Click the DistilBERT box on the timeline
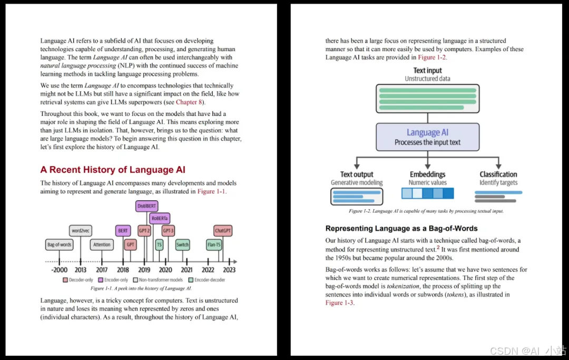[x=146, y=207]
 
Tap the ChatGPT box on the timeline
[x=223, y=231]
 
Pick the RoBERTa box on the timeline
[x=160, y=218]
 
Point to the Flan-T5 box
[x=214, y=245]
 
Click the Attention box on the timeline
[x=102, y=245]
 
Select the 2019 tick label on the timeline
[x=144, y=270]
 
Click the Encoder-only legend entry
[x=113, y=280]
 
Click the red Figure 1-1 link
[x=212, y=192]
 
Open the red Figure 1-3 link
[x=340, y=303]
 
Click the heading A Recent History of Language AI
[x=113, y=170]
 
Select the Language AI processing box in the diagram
[x=427, y=137]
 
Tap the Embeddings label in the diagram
[x=427, y=174]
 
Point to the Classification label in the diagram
[x=498, y=174]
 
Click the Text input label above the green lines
[x=427, y=71]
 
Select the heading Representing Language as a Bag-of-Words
[x=401, y=229]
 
